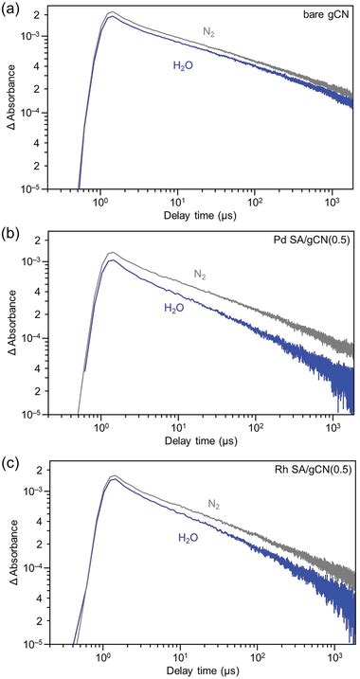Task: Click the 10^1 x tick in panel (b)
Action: [x=177, y=428]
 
